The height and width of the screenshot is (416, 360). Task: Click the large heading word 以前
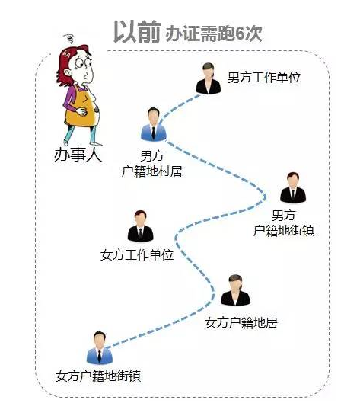point(137,32)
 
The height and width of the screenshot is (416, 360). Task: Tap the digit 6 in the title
point(240,34)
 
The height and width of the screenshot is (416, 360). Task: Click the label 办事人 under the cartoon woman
point(78,155)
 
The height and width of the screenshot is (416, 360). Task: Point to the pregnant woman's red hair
point(70,62)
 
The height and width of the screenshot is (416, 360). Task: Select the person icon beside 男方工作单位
point(209,78)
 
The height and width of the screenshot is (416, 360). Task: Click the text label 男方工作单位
point(264,78)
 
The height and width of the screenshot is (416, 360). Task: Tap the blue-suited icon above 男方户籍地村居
point(154,124)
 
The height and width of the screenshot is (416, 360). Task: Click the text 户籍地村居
point(152,171)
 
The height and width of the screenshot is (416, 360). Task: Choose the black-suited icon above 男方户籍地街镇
point(293,188)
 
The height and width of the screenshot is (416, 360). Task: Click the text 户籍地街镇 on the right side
point(284,230)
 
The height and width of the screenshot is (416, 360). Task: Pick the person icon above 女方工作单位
point(141,226)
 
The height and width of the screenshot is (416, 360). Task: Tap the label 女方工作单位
point(137,255)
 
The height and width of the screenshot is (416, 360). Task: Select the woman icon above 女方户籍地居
point(235,290)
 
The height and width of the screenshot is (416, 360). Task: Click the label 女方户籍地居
point(241,323)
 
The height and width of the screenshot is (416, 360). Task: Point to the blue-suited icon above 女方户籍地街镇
point(100,347)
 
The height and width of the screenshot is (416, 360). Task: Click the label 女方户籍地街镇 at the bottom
point(98,376)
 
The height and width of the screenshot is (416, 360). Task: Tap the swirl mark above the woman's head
point(70,39)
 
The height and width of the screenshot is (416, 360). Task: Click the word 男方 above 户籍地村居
point(151,155)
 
